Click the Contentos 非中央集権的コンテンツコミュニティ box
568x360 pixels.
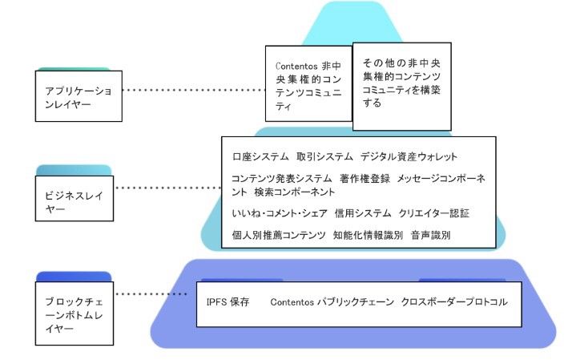pos(308,83)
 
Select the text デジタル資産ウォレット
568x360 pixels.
pos(409,156)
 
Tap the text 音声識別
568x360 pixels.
pos(430,236)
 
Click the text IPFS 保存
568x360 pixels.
pos(228,303)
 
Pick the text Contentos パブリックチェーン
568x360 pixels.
pos(332,303)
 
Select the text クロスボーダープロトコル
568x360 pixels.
pos(454,303)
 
